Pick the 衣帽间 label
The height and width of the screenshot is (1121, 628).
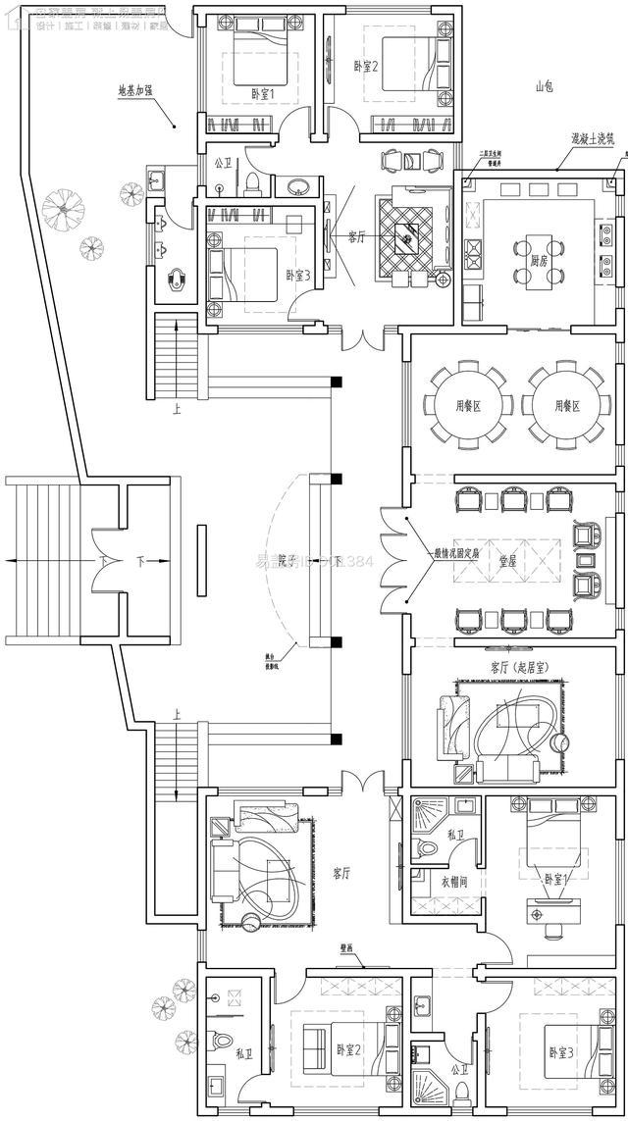click(x=450, y=881)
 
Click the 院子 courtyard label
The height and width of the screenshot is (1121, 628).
click(x=288, y=561)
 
